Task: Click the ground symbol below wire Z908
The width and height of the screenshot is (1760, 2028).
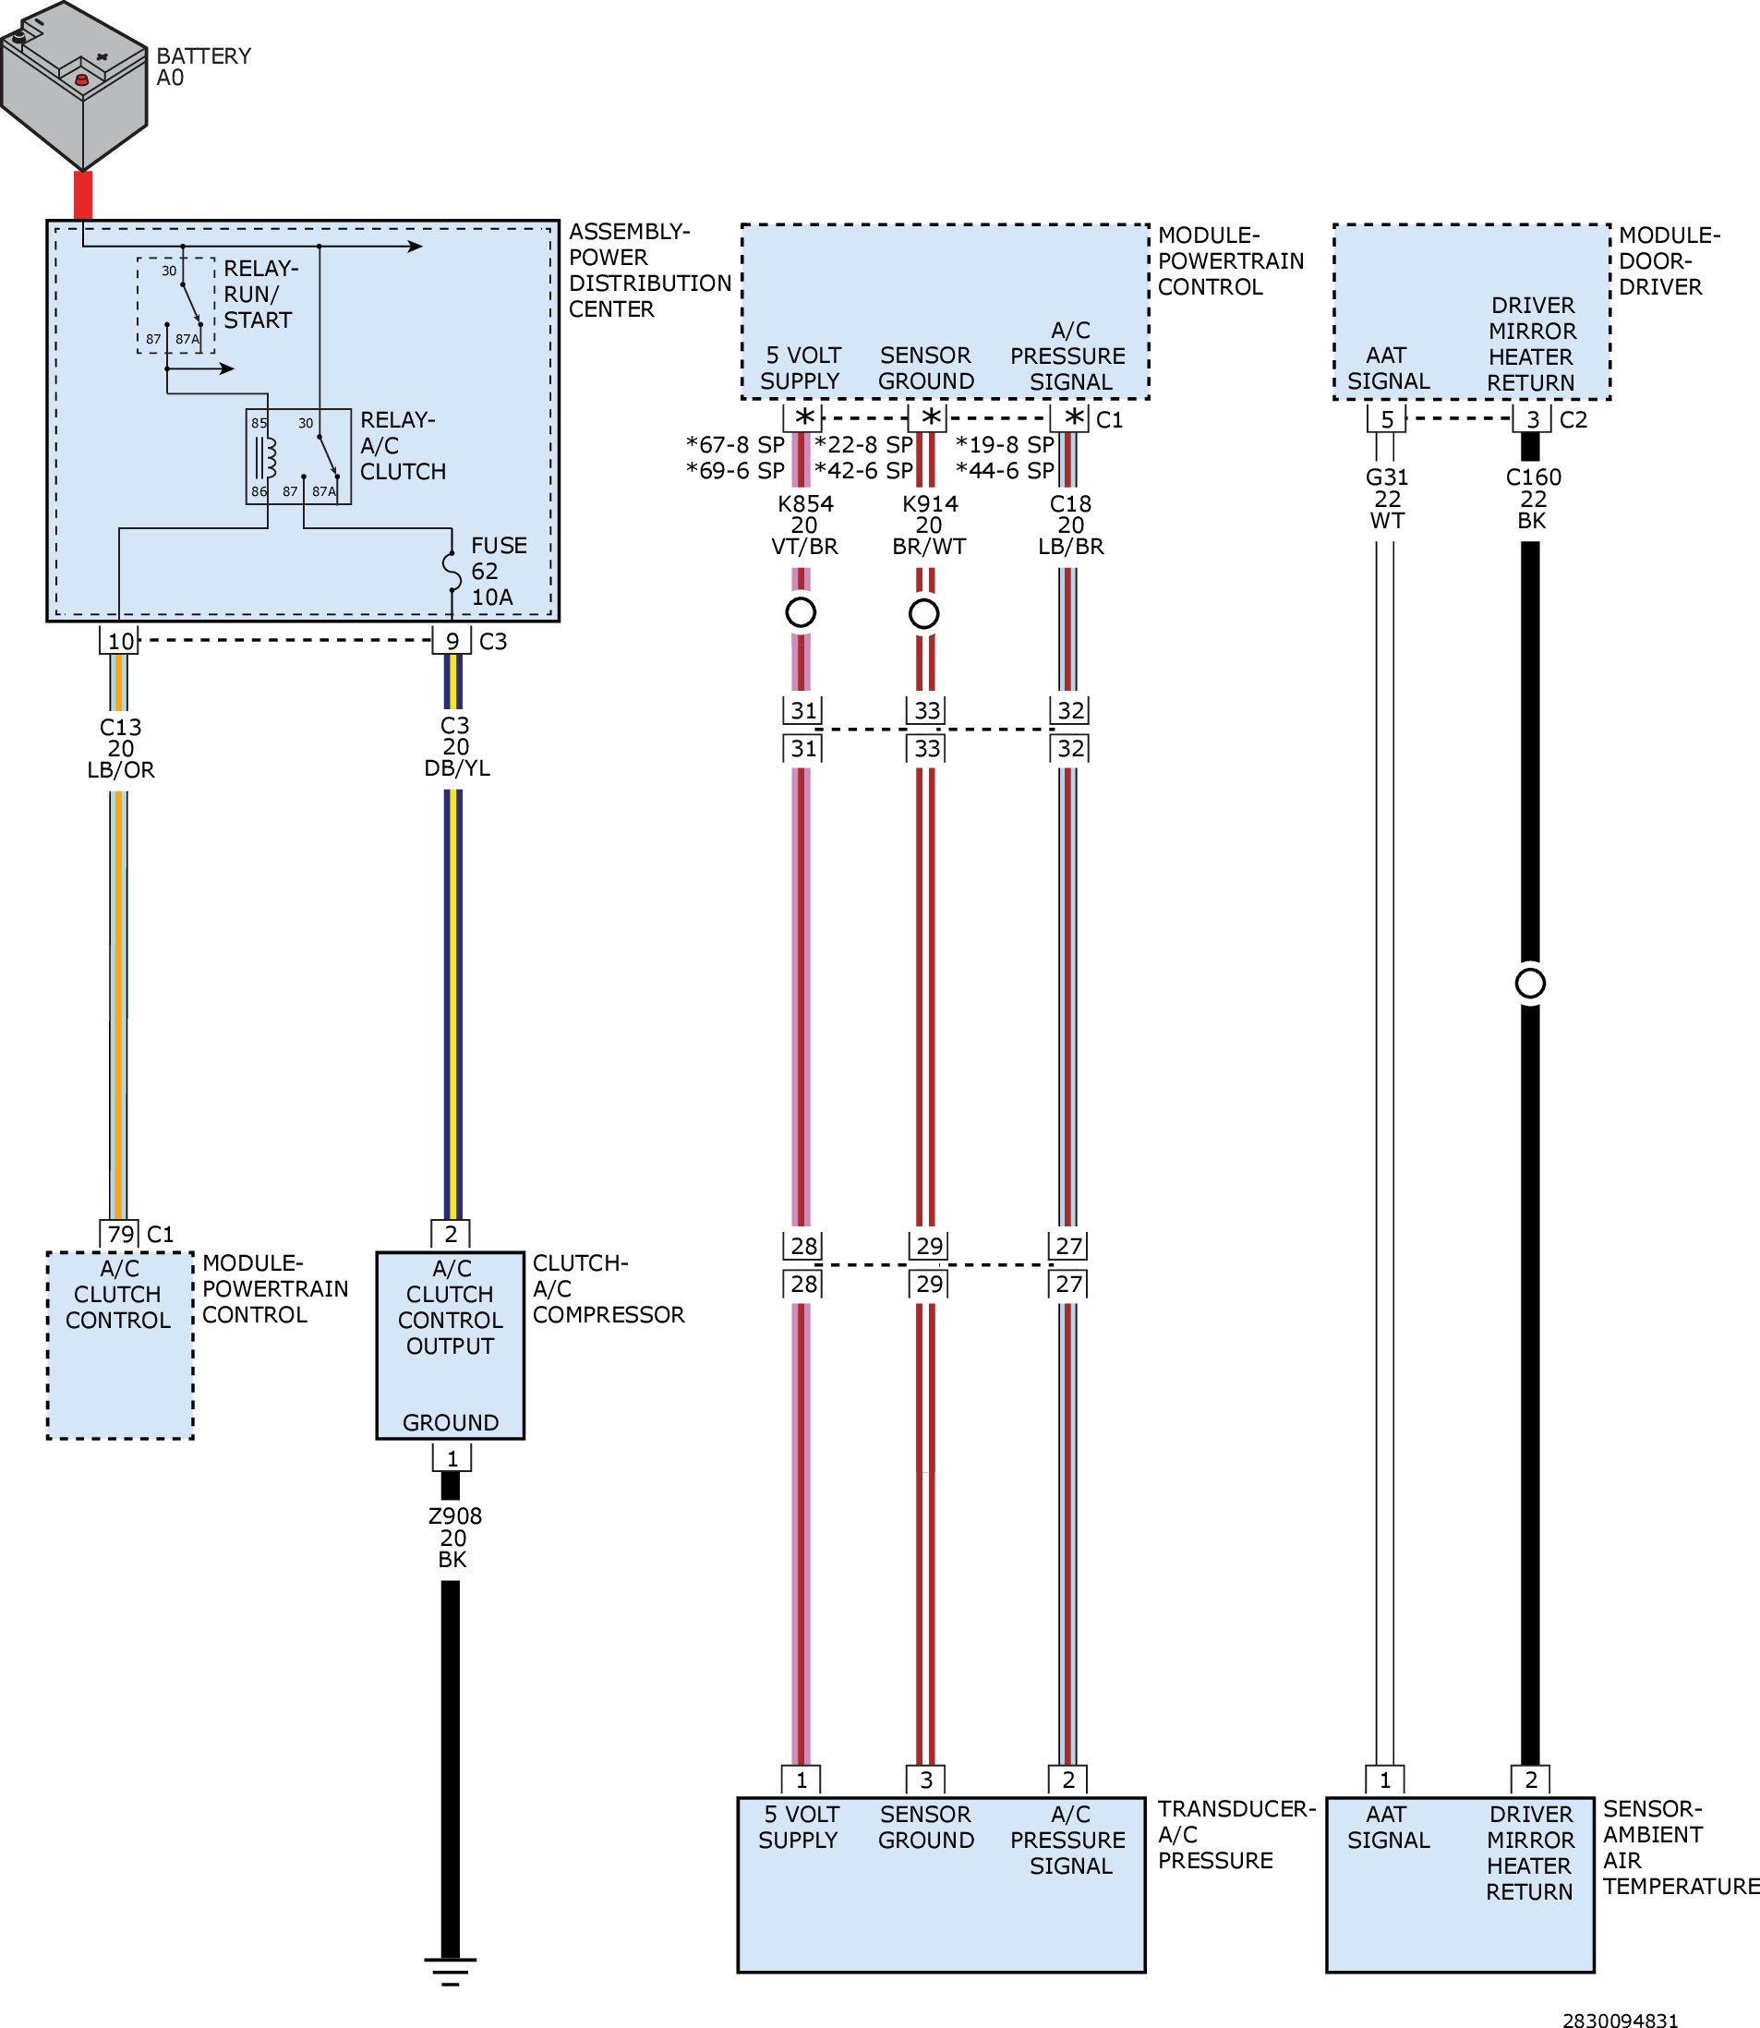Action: pos(451,1970)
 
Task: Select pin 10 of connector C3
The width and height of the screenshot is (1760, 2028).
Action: pos(120,640)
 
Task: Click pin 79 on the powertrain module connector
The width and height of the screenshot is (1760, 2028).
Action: pos(120,1234)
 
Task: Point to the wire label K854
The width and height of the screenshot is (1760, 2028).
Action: pos(805,504)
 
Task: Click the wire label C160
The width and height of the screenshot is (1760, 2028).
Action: pos(1533,477)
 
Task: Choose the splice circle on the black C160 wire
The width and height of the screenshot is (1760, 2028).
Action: pos(1530,984)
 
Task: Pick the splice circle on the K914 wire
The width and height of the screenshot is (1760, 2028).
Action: pos(924,614)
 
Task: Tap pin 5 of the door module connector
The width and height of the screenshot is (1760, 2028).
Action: pos(1387,419)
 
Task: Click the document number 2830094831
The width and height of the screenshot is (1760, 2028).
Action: pos(1620,2019)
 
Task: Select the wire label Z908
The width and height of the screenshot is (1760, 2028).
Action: pos(454,1516)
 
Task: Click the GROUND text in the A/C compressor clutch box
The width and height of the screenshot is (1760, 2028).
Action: pos(451,1422)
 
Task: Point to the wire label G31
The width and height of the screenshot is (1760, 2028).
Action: pos(1387,477)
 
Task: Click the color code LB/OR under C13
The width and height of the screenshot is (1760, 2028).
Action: pos(121,770)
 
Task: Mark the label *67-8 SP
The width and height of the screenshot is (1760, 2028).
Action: pos(736,445)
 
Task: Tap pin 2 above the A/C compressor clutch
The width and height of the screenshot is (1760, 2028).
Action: pos(451,1234)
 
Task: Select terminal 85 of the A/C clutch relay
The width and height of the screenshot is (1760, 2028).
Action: pos(259,423)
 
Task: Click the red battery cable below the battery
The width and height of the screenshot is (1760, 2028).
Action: pos(83,196)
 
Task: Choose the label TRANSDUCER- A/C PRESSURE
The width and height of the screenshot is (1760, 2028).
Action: pos(1236,1835)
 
